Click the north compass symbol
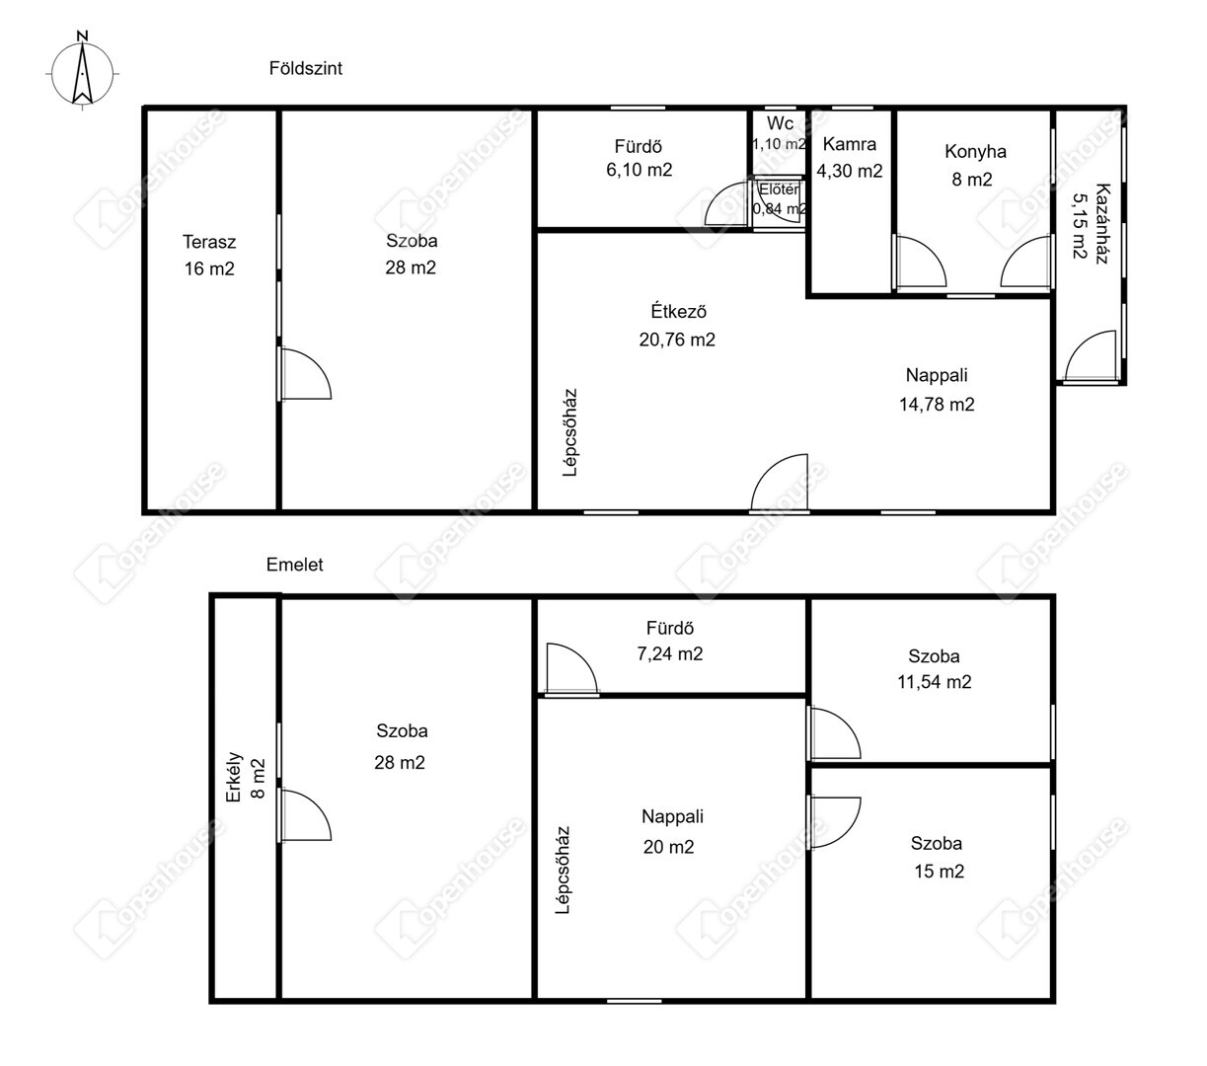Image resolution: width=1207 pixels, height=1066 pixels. [82, 70]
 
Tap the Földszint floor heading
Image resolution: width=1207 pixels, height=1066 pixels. [306, 68]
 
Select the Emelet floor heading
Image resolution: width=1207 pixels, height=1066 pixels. [294, 565]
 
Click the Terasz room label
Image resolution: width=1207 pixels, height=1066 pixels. [209, 242]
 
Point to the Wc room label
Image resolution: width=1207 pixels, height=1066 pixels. [780, 123]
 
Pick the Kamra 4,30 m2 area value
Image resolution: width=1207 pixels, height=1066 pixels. [850, 171]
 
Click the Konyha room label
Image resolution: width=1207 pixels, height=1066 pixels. [975, 152]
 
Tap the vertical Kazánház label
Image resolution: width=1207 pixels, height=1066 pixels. [1103, 223]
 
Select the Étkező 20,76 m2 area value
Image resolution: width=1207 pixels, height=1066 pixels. [677, 340]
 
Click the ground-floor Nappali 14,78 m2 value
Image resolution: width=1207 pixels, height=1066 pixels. [937, 405]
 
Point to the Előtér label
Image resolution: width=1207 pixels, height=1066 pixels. [779, 190]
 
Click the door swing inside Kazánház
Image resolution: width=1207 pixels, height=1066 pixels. [1090, 355]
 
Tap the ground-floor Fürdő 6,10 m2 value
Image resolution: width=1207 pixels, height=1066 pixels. [640, 170]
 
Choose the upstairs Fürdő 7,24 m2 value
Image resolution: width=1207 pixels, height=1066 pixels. [670, 654]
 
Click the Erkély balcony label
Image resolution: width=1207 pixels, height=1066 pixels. [234, 777]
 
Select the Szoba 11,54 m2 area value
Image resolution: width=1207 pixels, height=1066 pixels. [935, 682]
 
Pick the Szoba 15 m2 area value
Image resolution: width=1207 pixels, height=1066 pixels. [939, 872]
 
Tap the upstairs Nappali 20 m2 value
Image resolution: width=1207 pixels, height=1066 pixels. [668, 847]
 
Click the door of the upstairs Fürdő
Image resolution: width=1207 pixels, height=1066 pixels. [571, 669]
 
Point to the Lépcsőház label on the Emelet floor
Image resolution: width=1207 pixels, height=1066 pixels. [563, 870]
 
